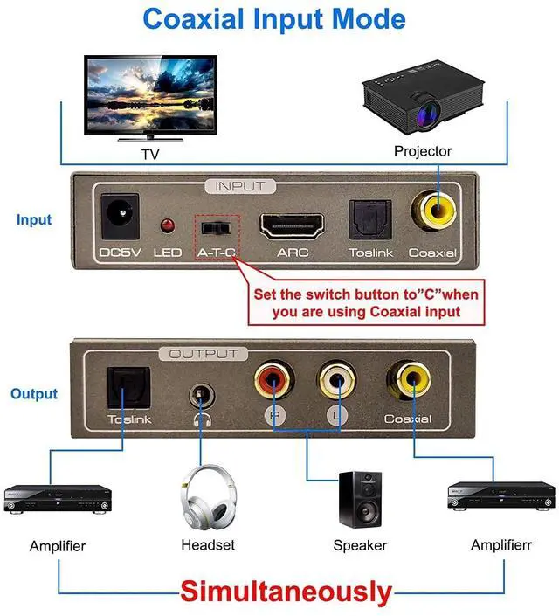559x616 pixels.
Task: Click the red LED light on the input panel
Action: click(168, 225)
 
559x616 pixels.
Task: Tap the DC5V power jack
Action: click(120, 216)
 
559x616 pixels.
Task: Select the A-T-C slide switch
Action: click(216, 228)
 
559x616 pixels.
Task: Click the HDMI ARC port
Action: click(292, 226)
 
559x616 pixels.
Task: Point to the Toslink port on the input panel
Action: click(370, 219)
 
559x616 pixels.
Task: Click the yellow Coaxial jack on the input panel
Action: click(434, 211)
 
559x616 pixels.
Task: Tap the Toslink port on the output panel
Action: click(129, 388)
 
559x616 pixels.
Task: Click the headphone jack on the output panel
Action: click(202, 395)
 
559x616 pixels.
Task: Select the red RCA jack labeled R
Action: click(273, 380)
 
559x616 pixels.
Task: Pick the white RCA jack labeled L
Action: click(336, 380)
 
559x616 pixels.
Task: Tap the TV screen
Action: click(150, 94)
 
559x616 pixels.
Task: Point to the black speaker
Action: click(360, 499)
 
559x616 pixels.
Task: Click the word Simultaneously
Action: click(286, 592)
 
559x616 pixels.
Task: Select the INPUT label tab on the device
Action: click(240, 186)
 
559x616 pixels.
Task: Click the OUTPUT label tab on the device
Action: click(204, 354)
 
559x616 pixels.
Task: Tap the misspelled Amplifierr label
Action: click(501, 545)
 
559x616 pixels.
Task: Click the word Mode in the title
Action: click(369, 19)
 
